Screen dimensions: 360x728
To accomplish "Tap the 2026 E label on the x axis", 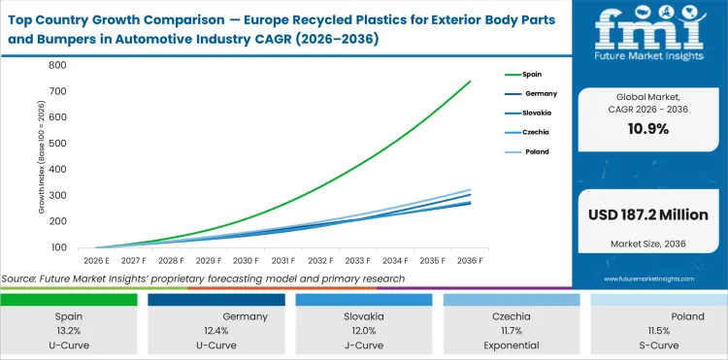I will [x=94, y=261].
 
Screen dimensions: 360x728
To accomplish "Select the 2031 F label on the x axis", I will [x=283, y=261].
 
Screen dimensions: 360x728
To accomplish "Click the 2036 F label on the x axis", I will [x=471, y=261].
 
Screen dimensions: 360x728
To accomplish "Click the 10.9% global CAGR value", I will [x=649, y=130].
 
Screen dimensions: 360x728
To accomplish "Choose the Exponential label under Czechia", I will [x=513, y=344].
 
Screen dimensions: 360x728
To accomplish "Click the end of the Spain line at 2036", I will [x=471, y=82].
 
